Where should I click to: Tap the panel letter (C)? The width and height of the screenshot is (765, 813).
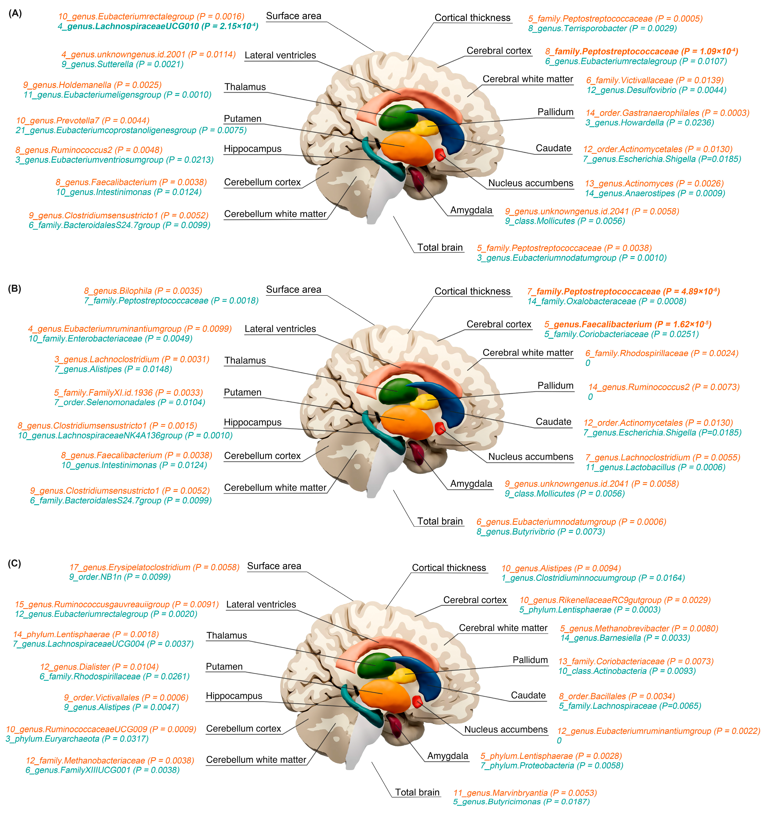click(x=15, y=564)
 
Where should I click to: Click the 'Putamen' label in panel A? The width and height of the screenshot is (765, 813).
click(x=243, y=119)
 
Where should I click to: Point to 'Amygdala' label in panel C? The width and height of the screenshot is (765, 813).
click(x=448, y=756)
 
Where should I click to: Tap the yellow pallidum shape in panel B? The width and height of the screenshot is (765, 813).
click(x=425, y=402)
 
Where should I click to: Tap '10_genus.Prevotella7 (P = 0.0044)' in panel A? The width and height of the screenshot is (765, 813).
click(x=83, y=121)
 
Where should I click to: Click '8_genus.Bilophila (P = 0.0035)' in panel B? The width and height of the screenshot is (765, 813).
click(x=143, y=291)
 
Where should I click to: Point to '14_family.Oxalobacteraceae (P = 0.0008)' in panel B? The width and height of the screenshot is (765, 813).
click(x=607, y=301)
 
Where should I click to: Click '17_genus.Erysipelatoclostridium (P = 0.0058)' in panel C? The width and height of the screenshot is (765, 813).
click(x=154, y=567)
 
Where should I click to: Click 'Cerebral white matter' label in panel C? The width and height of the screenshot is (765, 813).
click(x=503, y=628)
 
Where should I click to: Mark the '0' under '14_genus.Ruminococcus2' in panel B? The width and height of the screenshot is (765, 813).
click(x=590, y=397)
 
